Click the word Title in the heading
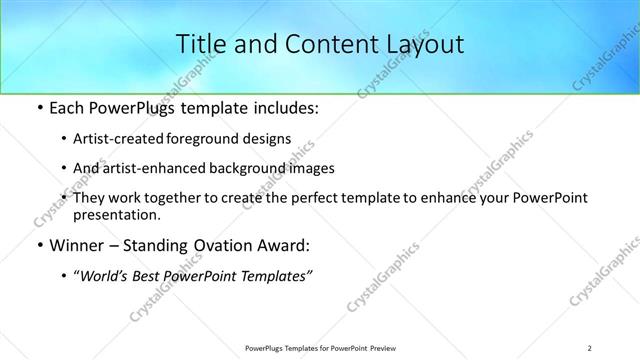(x=200, y=43)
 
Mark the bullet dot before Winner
(x=38, y=245)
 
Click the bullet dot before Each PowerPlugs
(x=38, y=109)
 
